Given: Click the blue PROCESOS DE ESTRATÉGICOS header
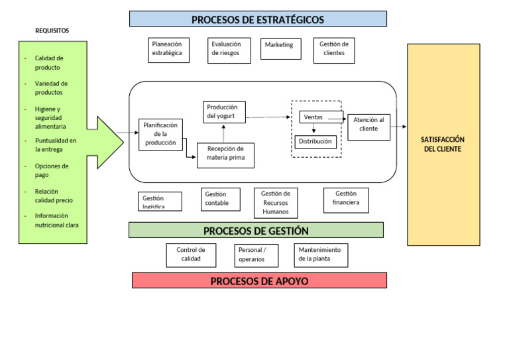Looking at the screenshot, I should [x=258, y=19].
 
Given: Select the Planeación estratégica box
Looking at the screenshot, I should [x=167, y=50].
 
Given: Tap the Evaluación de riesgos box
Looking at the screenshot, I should [x=229, y=50].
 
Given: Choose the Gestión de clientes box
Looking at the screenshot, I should [x=334, y=50].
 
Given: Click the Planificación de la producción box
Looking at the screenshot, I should [x=160, y=135].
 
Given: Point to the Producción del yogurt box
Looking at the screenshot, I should [x=224, y=112].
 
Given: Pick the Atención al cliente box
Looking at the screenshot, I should [x=368, y=126].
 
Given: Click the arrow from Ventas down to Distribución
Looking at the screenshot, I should [x=314, y=129].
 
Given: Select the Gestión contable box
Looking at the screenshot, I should [x=221, y=199].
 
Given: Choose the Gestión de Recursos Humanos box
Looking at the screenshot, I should [x=276, y=203].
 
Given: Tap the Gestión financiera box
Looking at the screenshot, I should [x=346, y=200].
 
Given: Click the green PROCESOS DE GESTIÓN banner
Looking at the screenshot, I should [x=256, y=230].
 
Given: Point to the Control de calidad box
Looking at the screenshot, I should [x=191, y=255].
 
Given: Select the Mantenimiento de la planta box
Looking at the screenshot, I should [x=321, y=255].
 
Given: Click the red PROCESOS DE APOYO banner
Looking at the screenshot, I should [x=259, y=280].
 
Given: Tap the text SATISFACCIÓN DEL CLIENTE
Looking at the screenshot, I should [x=443, y=144].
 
